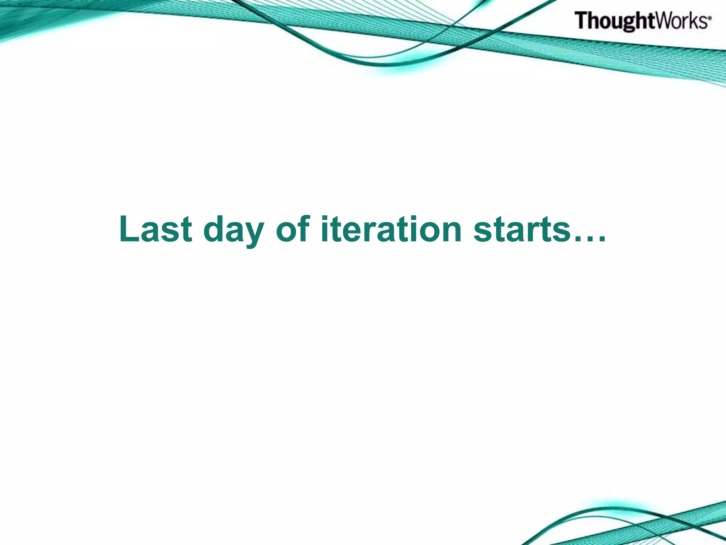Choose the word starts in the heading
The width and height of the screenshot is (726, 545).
pyautogui.click(x=521, y=230)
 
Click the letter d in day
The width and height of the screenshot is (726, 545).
pyautogui.click(x=215, y=230)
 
